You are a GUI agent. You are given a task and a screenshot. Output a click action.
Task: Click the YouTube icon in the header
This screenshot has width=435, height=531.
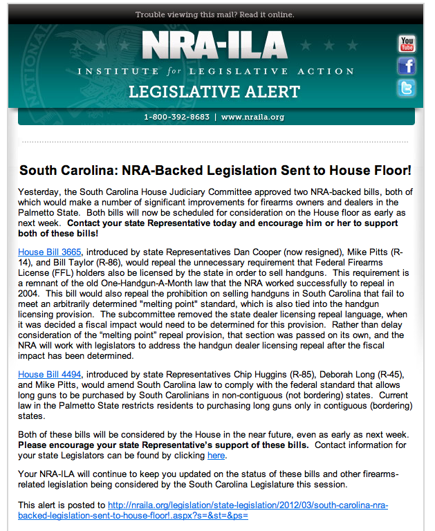coord(407,44)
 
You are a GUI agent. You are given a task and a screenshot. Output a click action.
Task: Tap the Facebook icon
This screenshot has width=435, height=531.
coord(407,66)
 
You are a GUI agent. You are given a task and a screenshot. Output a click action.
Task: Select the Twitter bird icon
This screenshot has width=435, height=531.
coord(407,88)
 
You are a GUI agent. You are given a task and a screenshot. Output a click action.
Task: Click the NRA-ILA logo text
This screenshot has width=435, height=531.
coord(214,46)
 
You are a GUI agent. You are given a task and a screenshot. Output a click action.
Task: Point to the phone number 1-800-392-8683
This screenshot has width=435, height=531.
coord(176,117)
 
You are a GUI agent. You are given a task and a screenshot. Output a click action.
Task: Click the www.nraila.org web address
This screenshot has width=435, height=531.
coord(253,117)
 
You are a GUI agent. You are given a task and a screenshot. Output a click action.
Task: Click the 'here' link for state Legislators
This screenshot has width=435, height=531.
coord(216,456)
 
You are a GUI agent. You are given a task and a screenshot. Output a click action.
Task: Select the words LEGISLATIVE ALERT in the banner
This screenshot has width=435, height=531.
coord(215,92)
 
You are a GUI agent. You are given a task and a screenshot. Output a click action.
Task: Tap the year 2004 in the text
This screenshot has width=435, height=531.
coord(30,313)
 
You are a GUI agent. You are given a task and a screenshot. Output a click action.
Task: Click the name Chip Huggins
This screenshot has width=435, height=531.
coord(278,374)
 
